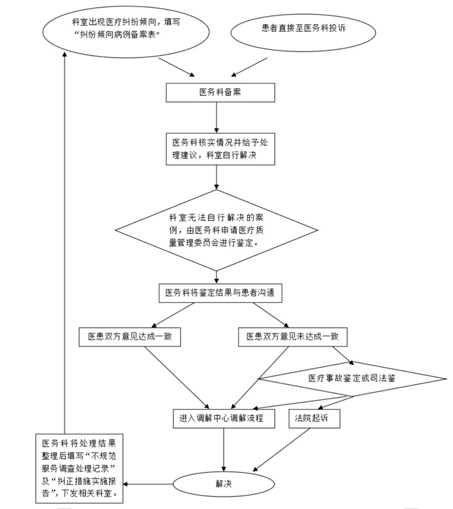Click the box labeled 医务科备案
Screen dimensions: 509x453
[x=220, y=93]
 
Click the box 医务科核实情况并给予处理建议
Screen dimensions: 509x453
[x=220, y=149]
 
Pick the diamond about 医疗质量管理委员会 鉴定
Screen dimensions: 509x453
[x=218, y=231]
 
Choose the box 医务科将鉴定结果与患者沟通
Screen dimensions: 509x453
[x=220, y=293]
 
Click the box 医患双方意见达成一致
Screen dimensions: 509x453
[x=130, y=337]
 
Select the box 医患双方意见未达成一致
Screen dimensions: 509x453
[x=293, y=337]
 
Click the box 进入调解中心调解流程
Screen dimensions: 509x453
[x=224, y=418]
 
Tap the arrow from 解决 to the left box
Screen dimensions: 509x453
[x=148, y=484]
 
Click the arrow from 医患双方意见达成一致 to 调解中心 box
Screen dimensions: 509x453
[x=176, y=377]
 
